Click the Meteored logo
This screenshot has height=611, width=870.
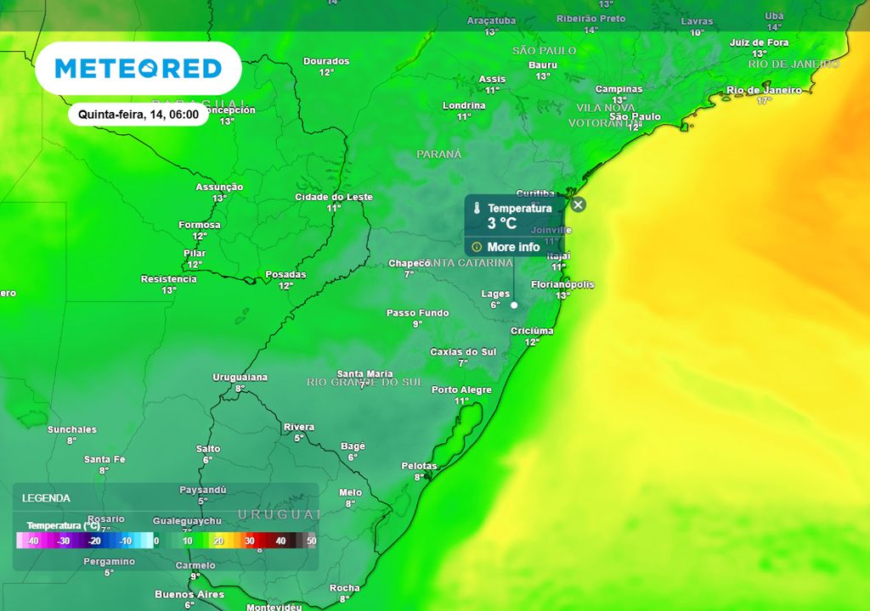138,68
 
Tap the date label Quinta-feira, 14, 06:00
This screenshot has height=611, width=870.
138,114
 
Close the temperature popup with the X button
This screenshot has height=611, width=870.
578,205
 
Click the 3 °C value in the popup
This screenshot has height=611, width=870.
501,223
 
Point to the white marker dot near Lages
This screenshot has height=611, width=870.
514,305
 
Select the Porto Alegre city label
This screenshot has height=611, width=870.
461,390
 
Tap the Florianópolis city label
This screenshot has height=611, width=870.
562,285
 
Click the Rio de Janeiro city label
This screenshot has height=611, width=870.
764,90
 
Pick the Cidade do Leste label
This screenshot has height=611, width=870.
333,197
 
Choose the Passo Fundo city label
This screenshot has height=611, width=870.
417,313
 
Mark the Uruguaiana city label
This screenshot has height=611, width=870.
240,377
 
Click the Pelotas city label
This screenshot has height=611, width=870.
419,466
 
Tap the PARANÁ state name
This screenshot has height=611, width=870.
439,154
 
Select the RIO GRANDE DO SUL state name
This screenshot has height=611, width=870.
364,383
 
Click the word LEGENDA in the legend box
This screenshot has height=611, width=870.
46,498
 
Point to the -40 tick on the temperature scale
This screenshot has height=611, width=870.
32,541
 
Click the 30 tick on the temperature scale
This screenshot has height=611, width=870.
249,541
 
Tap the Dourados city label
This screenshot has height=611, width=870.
326,61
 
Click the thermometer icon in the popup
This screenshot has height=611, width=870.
477,208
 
